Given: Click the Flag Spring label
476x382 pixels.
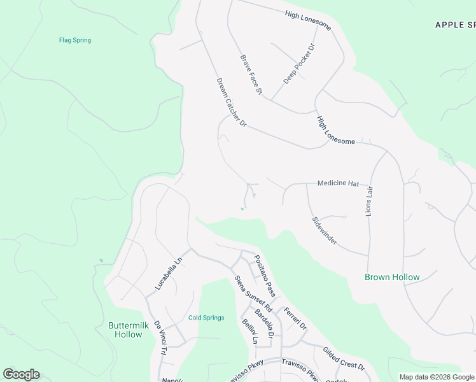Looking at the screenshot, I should (75, 40).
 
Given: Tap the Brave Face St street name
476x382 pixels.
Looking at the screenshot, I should (251, 74).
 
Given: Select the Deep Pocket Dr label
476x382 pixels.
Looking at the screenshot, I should (299, 64).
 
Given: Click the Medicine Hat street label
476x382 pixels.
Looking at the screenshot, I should (338, 183).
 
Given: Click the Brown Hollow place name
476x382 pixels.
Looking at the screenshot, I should (392, 277).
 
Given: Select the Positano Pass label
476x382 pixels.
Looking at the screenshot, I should (264, 276).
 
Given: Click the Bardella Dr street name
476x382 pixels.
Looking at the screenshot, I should (264, 323).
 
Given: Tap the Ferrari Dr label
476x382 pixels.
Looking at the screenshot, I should (295, 318).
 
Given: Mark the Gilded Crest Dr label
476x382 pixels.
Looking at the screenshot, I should (344, 359).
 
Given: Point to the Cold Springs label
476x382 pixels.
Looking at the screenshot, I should (206, 318).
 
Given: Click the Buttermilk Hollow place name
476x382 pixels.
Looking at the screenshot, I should (129, 330).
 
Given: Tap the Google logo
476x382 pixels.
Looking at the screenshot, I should (21, 374).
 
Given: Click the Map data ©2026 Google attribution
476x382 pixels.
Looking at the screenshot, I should (437, 377).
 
